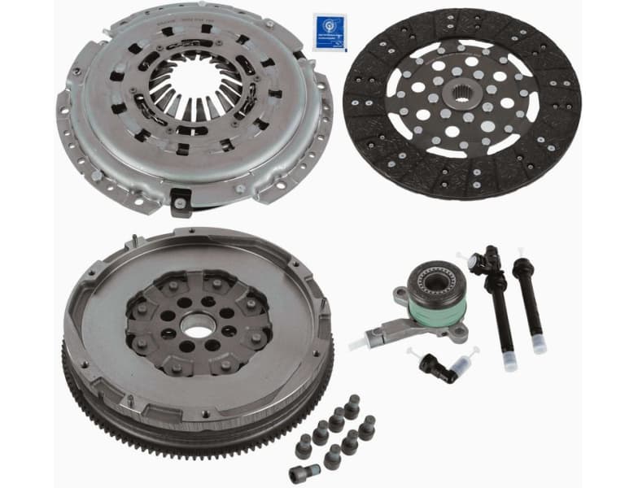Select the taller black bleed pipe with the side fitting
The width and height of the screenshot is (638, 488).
(x=499, y=301)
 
